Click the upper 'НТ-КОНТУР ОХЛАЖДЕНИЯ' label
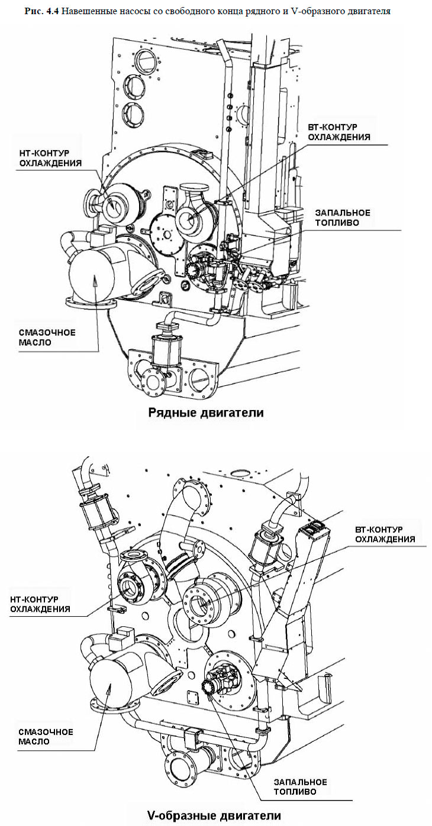50,157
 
